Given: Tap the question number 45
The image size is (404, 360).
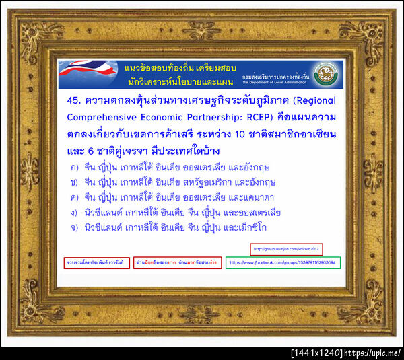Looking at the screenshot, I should coord(75,101).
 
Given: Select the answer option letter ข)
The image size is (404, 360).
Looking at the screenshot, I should coord(73,182).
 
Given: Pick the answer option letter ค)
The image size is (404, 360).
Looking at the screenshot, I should coord(73,196).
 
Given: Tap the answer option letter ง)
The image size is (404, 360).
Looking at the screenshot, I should coord(73,212).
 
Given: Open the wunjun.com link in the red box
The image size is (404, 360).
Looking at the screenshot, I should coord(286,248).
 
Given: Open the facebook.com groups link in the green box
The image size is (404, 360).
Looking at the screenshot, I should coord(282,262).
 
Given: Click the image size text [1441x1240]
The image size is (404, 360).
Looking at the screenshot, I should coord(315,353).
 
